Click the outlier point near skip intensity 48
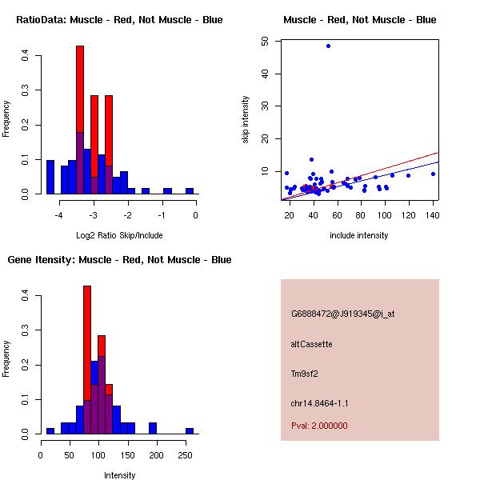point(328,46)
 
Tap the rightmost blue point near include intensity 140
point(433,174)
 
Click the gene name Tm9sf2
point(305,374)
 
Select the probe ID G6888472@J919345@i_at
point(342,314)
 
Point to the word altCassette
point(311,344)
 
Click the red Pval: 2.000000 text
point(319,426)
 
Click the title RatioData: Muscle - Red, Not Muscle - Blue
point(119,19)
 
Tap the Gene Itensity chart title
point(119,260)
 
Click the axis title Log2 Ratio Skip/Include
point(119,235)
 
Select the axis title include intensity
point(359,235)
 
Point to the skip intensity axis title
point(246,120)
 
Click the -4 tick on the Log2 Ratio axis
point(59,215)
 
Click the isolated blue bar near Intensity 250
point(190,430)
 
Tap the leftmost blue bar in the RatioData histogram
point(50,178)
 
